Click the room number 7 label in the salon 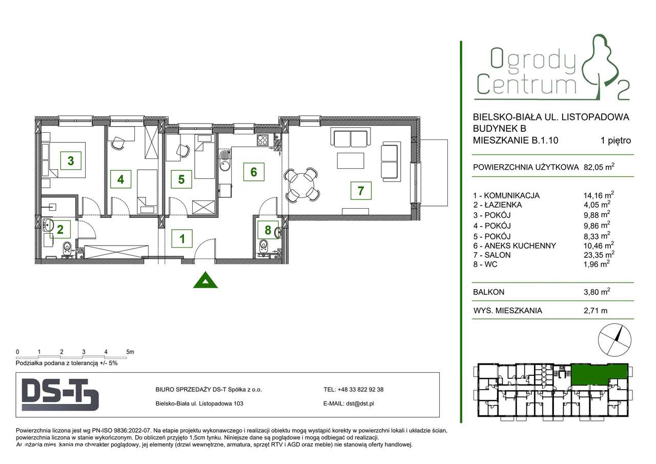click(361, 191)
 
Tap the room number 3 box click(71, 160)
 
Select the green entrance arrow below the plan click(206, 280)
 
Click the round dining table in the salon click(301, 185)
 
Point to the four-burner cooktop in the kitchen click(262, 140)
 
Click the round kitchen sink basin click(224, 166)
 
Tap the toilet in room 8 click(263, 246)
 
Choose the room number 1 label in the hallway click(182, 239)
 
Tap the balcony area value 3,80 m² click(597, 292)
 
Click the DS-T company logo click(60, 394)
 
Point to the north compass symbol click(614, 340)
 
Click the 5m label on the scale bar click(130, 352)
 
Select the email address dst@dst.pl click(360, 404)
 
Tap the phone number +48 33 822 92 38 click(360, 389)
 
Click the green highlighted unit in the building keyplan click(599, 374)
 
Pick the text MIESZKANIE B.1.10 click(516, 140)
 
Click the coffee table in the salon click(351, 161)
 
